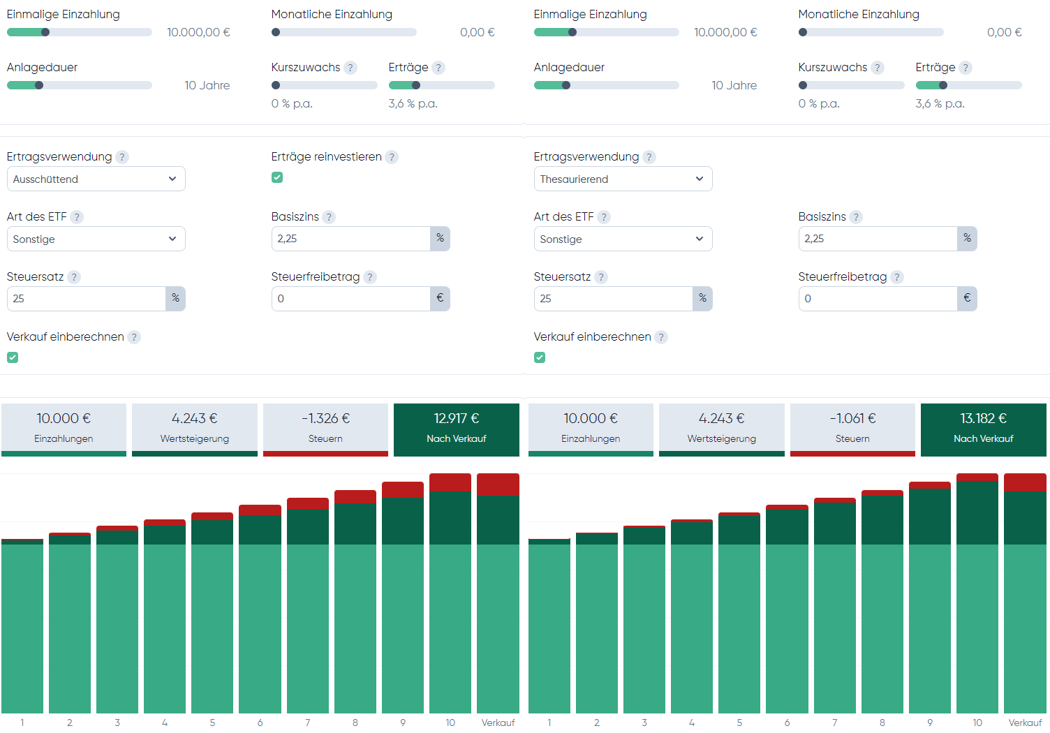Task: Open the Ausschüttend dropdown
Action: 96,179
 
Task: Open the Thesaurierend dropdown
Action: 623,179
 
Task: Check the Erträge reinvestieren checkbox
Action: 277,177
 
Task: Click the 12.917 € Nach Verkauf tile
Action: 456,428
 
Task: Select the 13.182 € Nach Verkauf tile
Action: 983,428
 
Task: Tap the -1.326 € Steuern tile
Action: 325,428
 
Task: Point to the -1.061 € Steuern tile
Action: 852,428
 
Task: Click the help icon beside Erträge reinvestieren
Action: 392,157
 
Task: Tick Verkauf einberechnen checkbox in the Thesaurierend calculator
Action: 540,357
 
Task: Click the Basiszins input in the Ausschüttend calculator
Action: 350,239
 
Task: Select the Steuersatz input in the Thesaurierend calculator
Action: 613,299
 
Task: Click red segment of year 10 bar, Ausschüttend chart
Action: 450,482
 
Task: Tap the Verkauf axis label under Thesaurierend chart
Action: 1025,723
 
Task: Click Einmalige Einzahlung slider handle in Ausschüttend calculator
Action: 45,32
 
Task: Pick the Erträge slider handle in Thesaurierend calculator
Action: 943,85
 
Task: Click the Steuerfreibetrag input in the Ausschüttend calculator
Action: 350,299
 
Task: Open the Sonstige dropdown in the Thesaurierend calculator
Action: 623,239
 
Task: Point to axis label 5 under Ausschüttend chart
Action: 212,723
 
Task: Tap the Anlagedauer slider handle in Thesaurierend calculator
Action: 566,85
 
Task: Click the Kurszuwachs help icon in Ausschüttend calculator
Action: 350,68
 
